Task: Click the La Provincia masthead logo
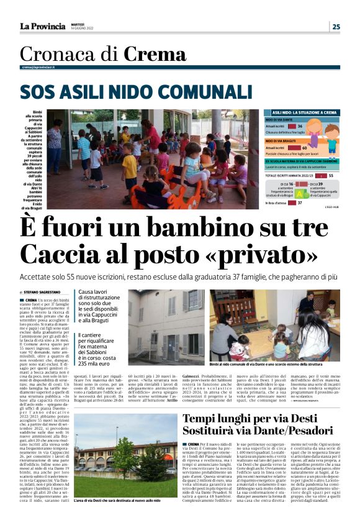pos(42,26)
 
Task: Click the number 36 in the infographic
pos(299,126)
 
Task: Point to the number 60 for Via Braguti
pos(305,148)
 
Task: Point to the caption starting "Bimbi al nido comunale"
pos(274,364)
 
